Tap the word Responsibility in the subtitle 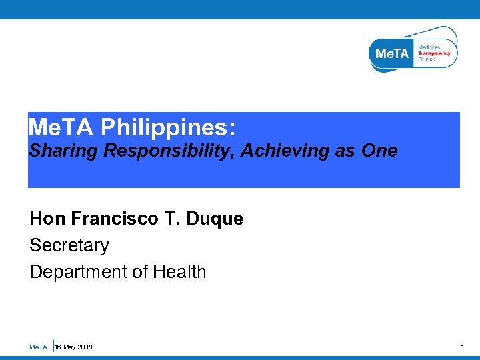[x=169, y=151]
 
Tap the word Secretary [x=69, y=245]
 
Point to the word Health [x=179, y=272]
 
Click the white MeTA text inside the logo [x=391, y=53]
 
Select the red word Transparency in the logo [x=434, y=53]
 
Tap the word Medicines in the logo [x=429, y=47]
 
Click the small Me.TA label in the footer [x=38, y=347]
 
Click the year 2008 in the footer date [x=84, y=347]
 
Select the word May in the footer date [x=69, y=347]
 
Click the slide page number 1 [x=463, y=347]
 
